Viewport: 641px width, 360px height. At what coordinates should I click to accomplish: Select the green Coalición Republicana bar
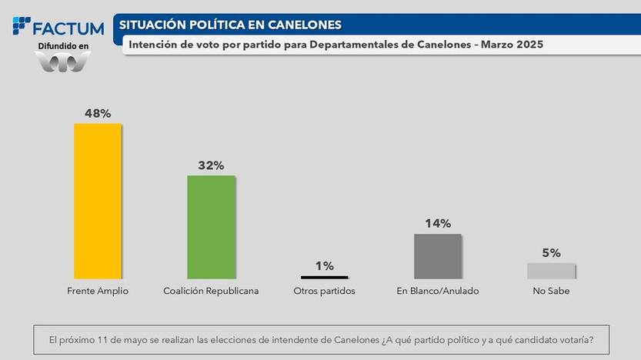211,226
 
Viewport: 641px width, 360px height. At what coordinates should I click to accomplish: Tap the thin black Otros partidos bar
324,276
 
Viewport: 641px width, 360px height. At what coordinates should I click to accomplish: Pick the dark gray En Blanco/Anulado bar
438,255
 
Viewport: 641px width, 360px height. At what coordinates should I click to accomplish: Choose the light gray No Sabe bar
551,270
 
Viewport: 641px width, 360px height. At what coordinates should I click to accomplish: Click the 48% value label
97,112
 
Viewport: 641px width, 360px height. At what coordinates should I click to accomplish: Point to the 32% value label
211,165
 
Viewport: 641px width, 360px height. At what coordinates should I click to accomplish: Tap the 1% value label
324,265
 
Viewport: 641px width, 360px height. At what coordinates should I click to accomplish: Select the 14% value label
438,224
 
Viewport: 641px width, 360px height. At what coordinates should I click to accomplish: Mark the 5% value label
551,252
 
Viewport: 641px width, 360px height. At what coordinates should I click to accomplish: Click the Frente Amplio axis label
97,292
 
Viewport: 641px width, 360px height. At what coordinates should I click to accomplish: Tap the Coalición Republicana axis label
211,292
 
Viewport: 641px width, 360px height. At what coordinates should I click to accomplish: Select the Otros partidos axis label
324,292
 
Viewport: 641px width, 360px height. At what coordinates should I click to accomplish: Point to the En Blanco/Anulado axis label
438,292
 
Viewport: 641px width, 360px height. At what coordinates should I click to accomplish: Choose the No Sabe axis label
551,292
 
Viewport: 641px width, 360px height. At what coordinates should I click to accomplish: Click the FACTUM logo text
68,28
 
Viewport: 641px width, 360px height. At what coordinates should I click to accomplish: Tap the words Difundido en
64,47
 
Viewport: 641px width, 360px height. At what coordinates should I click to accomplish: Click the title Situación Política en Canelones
230,25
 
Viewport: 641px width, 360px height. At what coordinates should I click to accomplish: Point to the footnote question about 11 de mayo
320,338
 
